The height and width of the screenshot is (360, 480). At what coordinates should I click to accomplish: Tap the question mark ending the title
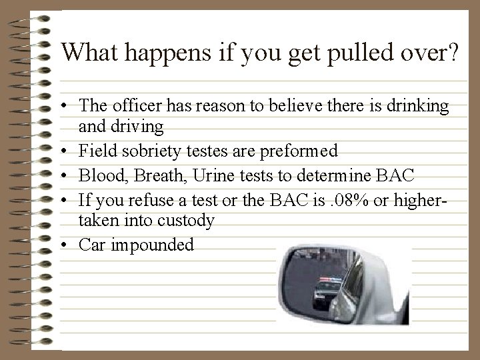coord(453,52)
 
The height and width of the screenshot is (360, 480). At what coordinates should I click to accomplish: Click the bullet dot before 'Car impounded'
coord(69,245)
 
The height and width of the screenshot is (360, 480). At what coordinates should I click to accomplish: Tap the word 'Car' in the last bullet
coord(90,245)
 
